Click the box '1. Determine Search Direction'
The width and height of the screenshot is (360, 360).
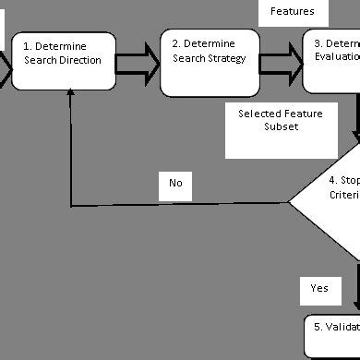(63, 61)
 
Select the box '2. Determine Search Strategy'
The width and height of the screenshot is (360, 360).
(210, 61)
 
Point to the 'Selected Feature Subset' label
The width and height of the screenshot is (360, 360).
(269, 120)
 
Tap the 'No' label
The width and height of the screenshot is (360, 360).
(175, 183)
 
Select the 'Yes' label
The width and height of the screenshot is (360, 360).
(318, 288)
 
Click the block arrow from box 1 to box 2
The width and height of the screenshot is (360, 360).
(138, 62)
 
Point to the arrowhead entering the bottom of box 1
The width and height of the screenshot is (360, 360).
(71, 98)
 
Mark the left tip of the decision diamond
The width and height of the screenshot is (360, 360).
(290, 202)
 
